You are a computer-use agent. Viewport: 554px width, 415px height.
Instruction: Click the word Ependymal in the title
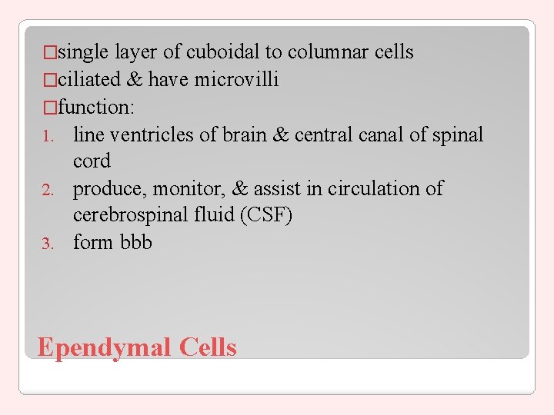point(105,348)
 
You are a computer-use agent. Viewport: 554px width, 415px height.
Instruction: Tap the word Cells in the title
point(208,347)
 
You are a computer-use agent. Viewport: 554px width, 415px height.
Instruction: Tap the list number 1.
point(47,136)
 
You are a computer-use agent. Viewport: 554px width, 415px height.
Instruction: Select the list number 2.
point(47,190)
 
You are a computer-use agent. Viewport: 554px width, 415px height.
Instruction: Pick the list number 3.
point(47,244)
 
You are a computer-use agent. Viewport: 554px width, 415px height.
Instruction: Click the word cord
point(92,161)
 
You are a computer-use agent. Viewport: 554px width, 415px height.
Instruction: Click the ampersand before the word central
point(281,134)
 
